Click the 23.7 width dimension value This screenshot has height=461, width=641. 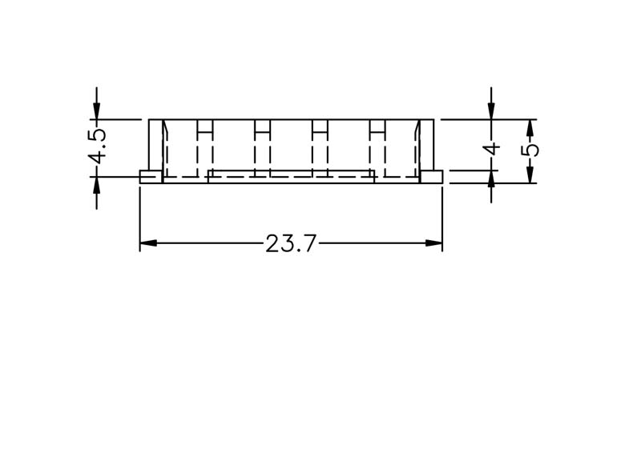[x=291, y=244]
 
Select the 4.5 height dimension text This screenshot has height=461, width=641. [x=97, y=146]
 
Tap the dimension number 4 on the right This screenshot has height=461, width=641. [x=492, y=148]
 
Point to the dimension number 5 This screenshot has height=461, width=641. [x=530, y=150]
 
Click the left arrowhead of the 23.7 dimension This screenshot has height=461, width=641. [x=148, y=243]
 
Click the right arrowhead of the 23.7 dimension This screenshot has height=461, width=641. [x=433, y=243]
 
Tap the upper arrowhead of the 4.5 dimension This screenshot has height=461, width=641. [x=96, y=110]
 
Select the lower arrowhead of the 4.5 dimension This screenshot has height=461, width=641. [x=96, y=186]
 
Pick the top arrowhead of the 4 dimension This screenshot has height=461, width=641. [x=491, y=110]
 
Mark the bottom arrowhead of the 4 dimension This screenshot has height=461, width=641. [x=491, y=179]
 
